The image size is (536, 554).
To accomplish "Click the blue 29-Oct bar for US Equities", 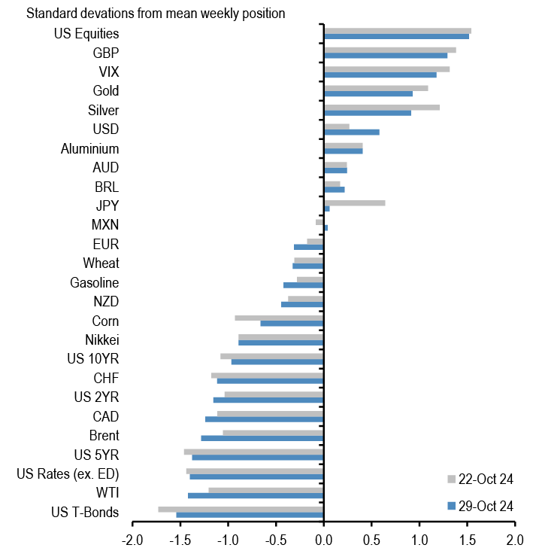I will [396, 36].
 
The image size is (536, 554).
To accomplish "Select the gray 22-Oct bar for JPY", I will [354, 202].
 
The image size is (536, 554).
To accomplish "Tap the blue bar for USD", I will [351, 132].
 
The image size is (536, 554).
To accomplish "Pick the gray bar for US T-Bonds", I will [241, 510].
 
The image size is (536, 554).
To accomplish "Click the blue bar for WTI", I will [256, 495].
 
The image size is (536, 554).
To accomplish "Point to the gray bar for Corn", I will [279, 318].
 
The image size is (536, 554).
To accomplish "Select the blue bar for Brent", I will [262, 438].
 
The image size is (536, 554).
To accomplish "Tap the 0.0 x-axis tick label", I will [323, 540].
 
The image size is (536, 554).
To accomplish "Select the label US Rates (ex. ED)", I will [68, 474].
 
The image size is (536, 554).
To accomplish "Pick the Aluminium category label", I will [89, 149].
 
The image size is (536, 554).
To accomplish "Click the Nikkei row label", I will [101, 339].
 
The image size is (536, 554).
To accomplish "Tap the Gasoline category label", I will [94, 283].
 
